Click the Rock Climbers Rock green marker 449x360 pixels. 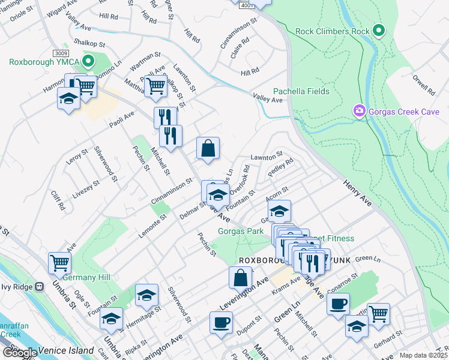(378, 30)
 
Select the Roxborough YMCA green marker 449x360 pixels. (88, 61)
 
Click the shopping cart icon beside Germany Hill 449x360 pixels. (60, 262)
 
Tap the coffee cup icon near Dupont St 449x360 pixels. (220, 322)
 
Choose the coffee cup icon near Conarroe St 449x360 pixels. (338, 303)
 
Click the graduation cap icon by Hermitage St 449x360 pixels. (146, 295)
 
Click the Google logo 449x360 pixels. (20, 353)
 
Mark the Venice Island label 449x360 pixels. (66, 350)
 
